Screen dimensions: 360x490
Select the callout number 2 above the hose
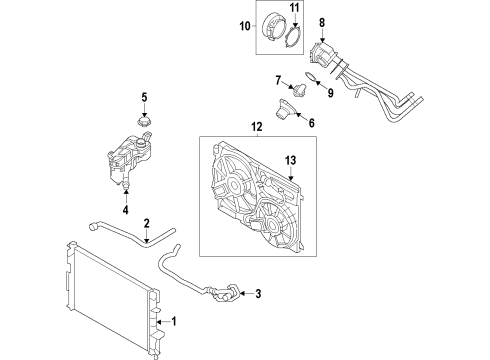[146, 224]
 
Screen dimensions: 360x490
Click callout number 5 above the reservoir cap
[144, 98]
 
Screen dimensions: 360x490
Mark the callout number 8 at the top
[321, 22]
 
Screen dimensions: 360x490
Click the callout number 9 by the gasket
[323, 89]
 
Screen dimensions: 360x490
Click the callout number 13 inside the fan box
[292, 160]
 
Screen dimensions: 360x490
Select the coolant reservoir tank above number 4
[124, 161]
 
